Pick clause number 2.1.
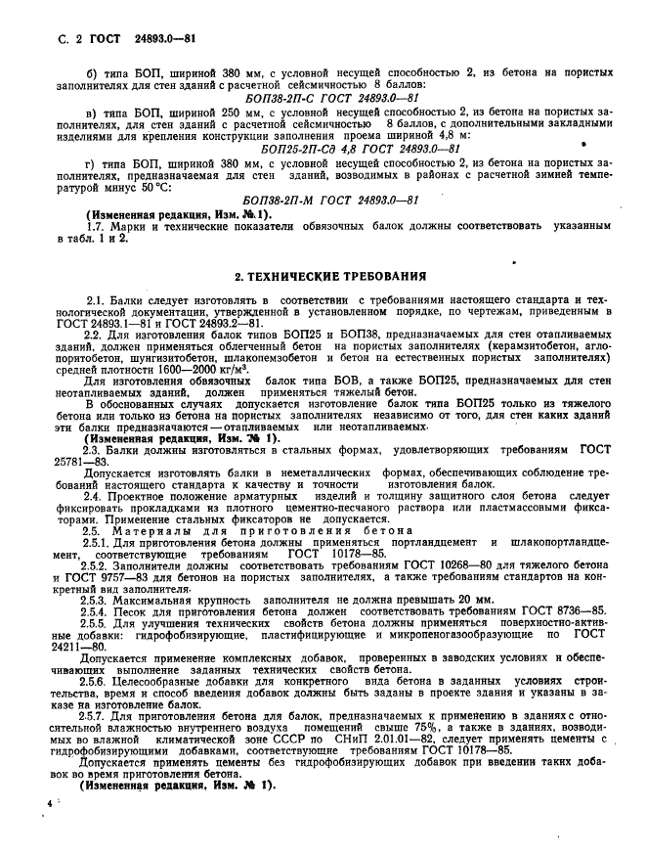click(x=95, y=297)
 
